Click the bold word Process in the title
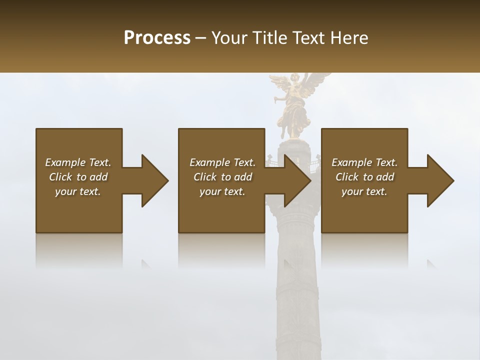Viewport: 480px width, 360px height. click(x=157, y=37)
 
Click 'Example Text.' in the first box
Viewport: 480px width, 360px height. click(x=78, y=162)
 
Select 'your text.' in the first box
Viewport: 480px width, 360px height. click(x=78, y=191)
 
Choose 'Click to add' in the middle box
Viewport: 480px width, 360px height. click(x=222, y=177)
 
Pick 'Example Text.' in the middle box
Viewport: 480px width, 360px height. click(x=222, y=162)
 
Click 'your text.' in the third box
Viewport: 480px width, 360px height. click(x=364, y=191)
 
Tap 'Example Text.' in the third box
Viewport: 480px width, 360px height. click(x=364, y=162)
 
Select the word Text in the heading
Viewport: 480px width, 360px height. click(x=307, y=37)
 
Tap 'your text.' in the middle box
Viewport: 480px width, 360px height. click(x=222, y=191)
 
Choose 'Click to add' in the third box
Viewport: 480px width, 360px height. click(x=364, y=177)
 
